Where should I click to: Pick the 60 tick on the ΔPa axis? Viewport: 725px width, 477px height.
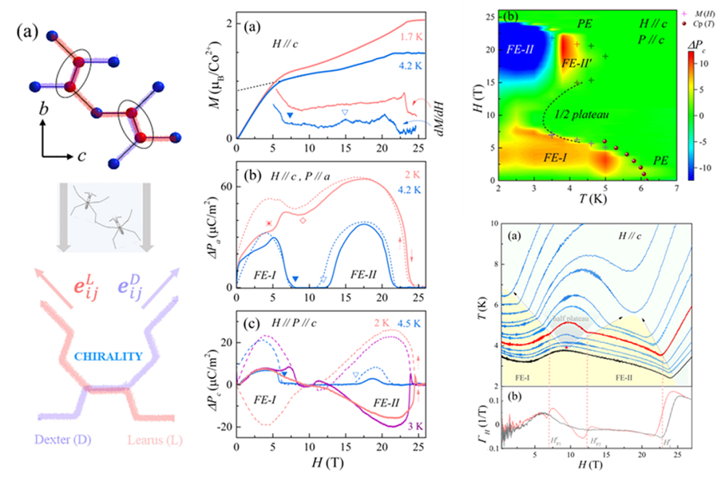click(225, 186)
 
